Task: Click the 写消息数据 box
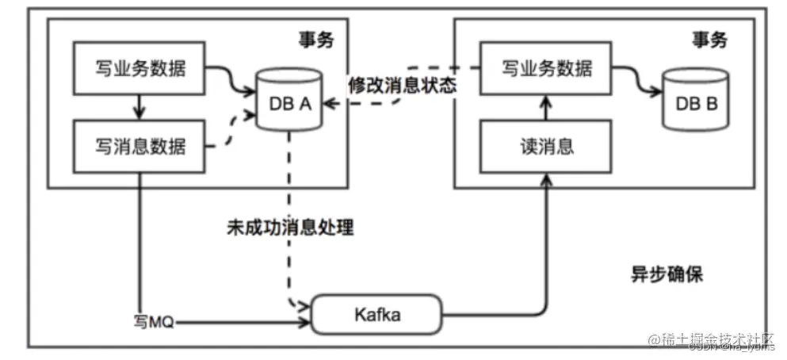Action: [x=141, y=146]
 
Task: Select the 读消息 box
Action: [x=546, y=147]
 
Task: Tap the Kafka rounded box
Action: [x=376, y=315]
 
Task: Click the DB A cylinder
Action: [x=289, y=101]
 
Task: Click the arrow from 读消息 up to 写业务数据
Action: [x=546, y=108]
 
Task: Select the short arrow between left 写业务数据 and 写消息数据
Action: [x=141, y=106]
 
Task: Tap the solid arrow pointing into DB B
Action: [x=642, y=83]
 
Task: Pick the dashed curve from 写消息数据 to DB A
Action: [x=230, y=133]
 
